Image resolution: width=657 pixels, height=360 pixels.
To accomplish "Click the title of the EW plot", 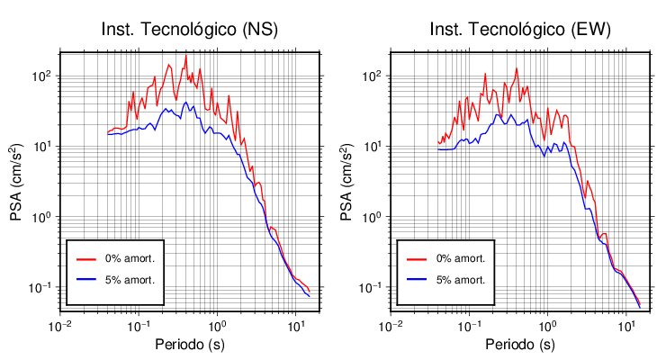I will (519, 30).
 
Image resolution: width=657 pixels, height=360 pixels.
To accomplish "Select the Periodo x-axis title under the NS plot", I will (190, 345).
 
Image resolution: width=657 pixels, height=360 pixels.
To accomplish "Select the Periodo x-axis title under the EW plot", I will (520, 345).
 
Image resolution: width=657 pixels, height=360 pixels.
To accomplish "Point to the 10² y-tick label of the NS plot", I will (41, 74).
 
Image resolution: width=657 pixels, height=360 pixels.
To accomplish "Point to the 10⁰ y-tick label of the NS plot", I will (41, 216).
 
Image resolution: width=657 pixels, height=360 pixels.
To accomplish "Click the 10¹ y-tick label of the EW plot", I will (372, 145).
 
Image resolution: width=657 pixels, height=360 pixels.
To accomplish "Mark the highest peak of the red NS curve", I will (186, 56).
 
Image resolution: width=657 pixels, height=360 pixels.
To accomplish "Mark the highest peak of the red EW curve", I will (517, 69).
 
